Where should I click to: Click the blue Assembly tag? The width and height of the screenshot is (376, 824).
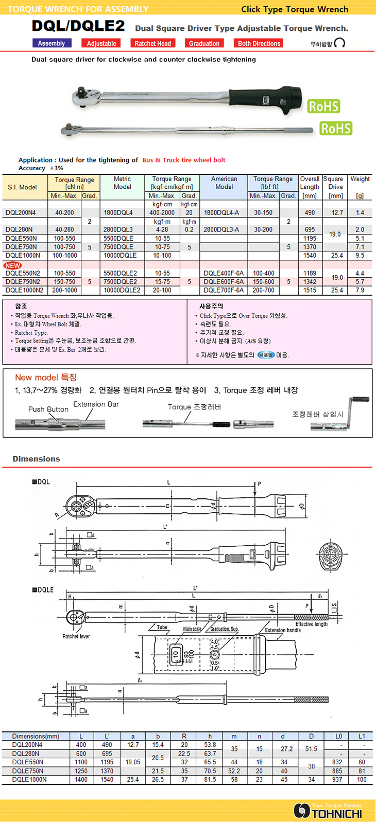coord(52,44)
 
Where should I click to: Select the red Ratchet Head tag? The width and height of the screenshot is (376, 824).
coord(152,44)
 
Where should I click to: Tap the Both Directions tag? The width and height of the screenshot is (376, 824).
coord(259,44)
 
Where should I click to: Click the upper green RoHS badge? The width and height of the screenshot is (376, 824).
coord(323,106)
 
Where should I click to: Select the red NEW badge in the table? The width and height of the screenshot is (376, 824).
coord(12,265)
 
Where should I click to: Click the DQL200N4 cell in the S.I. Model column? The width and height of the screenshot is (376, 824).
coord(21,212)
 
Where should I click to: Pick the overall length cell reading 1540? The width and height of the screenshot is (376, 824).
coord(310,255)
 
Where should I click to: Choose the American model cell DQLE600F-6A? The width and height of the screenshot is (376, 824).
coord(224,282)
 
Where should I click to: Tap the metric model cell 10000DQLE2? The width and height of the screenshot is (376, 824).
coord(122,290)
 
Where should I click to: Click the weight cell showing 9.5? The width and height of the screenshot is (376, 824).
coord(360,255)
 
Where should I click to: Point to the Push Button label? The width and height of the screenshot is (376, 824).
coord(48,409)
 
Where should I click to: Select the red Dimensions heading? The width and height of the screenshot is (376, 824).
coord(36,459)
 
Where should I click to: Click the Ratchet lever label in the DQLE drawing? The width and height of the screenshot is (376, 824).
coord(76,636)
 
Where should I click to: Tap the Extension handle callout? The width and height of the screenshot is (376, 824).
coord(283,630)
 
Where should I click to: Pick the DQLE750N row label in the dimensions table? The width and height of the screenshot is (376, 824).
coord(28,771)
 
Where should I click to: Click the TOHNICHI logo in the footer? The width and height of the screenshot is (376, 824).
coord(329,812)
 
